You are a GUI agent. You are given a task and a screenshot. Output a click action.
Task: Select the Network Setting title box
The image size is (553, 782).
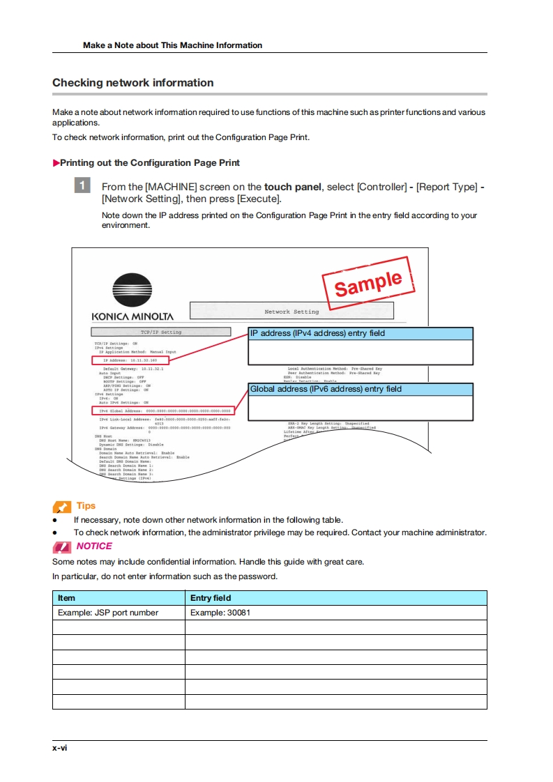coord(291,312)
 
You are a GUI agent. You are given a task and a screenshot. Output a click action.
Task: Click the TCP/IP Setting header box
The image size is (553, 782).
coord(160,332)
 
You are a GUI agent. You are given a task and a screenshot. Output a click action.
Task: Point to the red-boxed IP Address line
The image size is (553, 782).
coord(130,360)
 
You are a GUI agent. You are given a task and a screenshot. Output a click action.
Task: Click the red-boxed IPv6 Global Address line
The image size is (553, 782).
coord(164,411)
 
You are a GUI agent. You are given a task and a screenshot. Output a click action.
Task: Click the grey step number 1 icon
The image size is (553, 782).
coord(82,186)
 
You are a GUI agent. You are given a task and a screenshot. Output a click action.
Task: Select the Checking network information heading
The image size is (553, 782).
coord(133,83)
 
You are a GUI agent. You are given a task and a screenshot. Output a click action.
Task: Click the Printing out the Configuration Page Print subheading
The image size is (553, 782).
coord(149,163)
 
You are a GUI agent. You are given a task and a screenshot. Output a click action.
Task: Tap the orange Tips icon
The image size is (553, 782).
coord(62,507)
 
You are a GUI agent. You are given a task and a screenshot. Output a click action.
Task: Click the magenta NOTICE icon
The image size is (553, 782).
coord(62,546)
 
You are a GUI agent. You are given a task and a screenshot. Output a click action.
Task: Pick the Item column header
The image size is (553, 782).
coord(67,598)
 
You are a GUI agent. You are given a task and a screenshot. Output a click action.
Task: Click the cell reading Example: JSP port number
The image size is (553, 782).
coord(108,613)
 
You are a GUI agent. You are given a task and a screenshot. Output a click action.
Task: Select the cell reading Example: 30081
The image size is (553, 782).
coord(220,613)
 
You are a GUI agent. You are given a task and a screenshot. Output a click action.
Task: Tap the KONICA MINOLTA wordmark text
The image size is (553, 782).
coord(132,316)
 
